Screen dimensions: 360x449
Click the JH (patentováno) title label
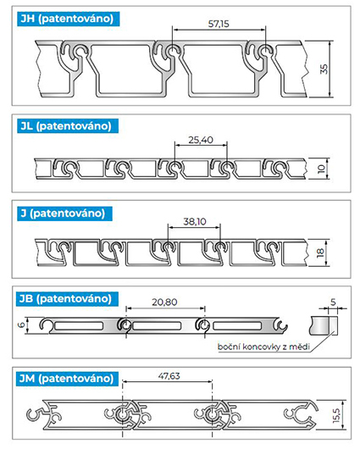pos(68,19)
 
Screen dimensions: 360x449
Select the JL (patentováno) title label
pos(67,126)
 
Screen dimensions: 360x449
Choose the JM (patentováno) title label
pos(67,379)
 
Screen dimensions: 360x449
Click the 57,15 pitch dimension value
pos(219,24)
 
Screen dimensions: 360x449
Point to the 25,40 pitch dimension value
pos(201,140)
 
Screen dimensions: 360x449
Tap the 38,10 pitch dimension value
pos(195,222)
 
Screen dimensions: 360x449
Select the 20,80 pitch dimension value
pos(164,302)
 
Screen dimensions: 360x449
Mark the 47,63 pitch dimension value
pos(169,376)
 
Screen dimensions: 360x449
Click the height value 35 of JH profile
pos(324,69)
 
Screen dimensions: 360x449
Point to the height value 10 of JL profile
pos(321,169)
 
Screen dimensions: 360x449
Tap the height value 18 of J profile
pos(320,252)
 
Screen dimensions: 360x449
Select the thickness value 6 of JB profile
pos(22,325)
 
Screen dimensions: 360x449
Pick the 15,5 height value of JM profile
pos(336,415)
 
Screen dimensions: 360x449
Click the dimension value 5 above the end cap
pos(333,302)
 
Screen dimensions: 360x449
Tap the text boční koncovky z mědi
pos(263,346)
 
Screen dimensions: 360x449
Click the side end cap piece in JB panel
pos(324,325)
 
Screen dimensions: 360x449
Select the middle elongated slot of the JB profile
pos(157,326)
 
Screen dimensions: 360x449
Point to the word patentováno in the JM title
pos(78,379)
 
